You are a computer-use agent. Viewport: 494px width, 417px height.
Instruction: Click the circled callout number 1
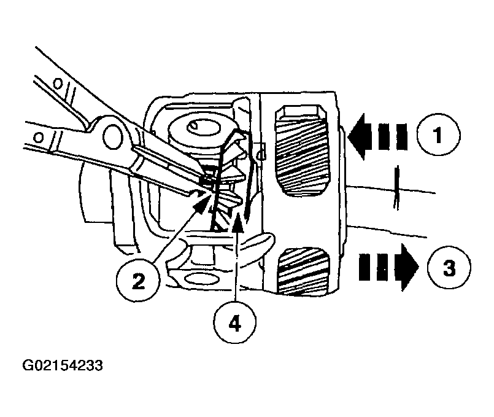(x=438, y=134)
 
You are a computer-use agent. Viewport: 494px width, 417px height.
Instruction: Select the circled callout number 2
(x=137, y=281)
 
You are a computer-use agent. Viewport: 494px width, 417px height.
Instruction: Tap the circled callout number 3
(x=449, y=268)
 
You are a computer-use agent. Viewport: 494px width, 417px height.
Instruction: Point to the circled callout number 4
(x=234, y=322)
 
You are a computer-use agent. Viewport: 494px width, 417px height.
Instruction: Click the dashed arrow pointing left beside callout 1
(x=377, y=136)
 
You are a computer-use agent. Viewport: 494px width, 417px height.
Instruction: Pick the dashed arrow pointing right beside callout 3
(x=389, y=267)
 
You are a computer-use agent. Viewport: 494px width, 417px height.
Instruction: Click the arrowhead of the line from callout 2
(x=202, y=203)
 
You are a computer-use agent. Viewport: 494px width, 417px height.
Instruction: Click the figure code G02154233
(x=63, y=365)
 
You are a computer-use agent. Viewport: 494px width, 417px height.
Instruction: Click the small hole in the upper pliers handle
(x=58, y=84)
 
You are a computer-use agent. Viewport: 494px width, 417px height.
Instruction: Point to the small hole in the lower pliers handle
(x=39, y=138)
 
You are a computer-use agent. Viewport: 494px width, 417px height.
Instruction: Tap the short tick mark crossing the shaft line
(x=396, y=187)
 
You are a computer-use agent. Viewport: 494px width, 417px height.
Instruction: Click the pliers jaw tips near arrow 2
(x=205, y=186)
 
